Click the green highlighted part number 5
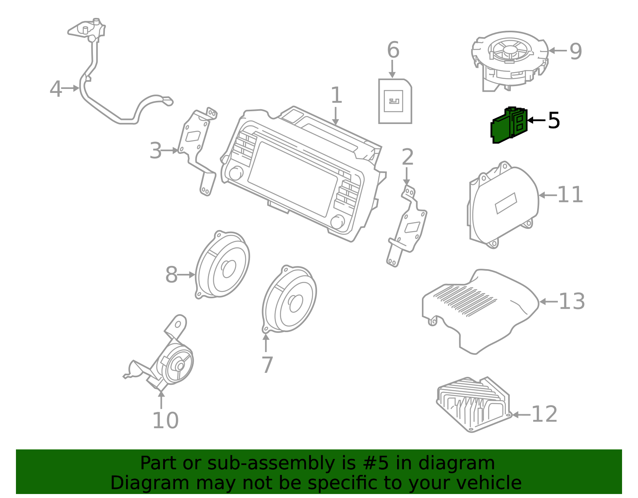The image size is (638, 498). click(x=508, y=125)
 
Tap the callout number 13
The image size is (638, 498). click(x=571, y=302)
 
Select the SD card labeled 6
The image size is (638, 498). click(x=394, y=101)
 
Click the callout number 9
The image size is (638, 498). click(x=575, y=51)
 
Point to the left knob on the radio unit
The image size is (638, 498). click(x=235, y=173)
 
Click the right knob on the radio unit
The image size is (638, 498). click(x=337, y=222)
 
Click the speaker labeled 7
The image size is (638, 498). click(x=290, y=299)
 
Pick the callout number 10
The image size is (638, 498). click(x=165, y=421)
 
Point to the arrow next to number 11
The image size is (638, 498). click(x=547, y=195)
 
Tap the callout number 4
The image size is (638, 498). click(x=55, y=89)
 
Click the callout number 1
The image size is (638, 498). click(x=336, y=96)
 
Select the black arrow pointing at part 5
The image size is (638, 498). click(x=536, y=120)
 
